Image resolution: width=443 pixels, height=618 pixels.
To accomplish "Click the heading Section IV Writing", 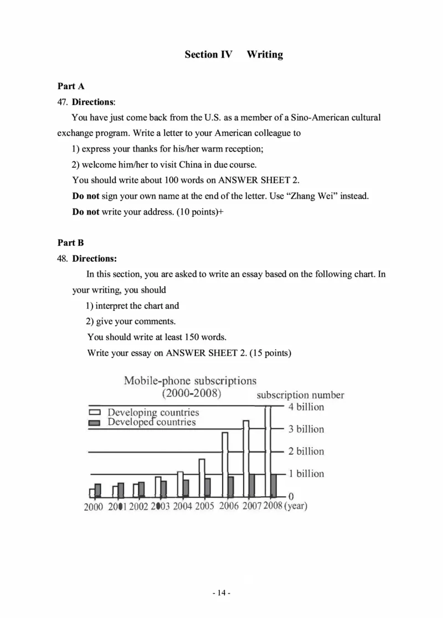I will pos(233,54).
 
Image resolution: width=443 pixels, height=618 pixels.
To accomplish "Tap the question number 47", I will pos(62,102).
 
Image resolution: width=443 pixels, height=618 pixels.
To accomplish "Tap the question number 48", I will pos(62,258).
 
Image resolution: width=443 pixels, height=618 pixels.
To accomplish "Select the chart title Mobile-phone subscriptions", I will pos(190,381).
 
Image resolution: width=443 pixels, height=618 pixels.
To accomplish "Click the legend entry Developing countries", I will pos(153,413).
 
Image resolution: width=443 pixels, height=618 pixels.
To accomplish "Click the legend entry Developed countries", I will pos(151,422).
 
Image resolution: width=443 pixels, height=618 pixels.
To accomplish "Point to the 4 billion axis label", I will pos(306,407).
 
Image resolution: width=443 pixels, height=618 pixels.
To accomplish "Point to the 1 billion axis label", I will pos(306,474).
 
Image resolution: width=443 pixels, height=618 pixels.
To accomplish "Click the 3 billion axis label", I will pos(306,429).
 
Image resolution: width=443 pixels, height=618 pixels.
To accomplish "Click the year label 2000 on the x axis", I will pos(93,506).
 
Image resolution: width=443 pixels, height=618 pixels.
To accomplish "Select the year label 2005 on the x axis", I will pos(204,506).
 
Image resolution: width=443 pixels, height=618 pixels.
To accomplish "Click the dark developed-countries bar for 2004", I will pos(186,488).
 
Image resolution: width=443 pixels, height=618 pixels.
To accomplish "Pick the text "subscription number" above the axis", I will pos(300,395).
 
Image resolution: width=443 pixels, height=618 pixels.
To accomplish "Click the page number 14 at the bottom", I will pos(221,593).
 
